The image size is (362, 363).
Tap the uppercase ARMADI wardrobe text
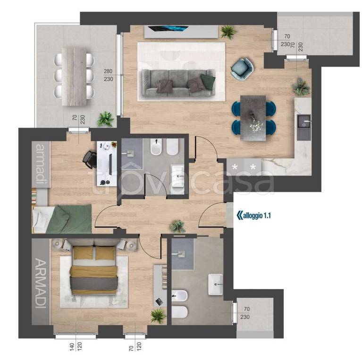tap(41, 283)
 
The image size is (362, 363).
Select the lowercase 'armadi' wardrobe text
tap(41, 164)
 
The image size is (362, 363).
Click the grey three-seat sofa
tap(178, 83)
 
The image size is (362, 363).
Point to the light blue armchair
tap(242, 67)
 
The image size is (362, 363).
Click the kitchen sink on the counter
tap(304, 127)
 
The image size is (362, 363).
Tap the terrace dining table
tap(74, 77)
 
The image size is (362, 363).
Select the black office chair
tap(90, 159)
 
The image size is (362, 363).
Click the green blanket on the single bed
tap(69, 219)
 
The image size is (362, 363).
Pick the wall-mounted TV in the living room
tap(168, 28)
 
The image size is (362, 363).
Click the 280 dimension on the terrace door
tap(108, 71)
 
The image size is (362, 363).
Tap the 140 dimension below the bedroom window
tap(72, 347)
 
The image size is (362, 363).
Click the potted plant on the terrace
tap(105, 119)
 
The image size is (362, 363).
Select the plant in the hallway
tap(177, 226)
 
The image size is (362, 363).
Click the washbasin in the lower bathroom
tap(215, 284)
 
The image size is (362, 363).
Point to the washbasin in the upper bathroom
tap(177, 176)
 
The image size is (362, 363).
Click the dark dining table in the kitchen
tap(253, 118)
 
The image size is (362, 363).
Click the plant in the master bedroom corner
tap(159, 315)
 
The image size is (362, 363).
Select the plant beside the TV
tap(228, 32)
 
